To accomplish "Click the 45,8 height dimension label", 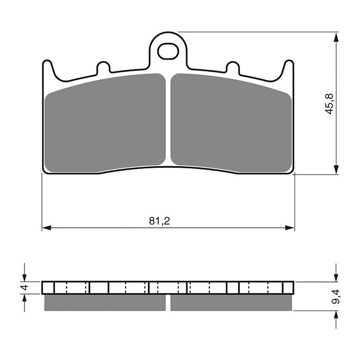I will click(329, 104).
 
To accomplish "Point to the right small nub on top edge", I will click(232, 68).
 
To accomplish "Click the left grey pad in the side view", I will click(104, 302).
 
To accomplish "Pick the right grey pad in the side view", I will click(231, 302).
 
